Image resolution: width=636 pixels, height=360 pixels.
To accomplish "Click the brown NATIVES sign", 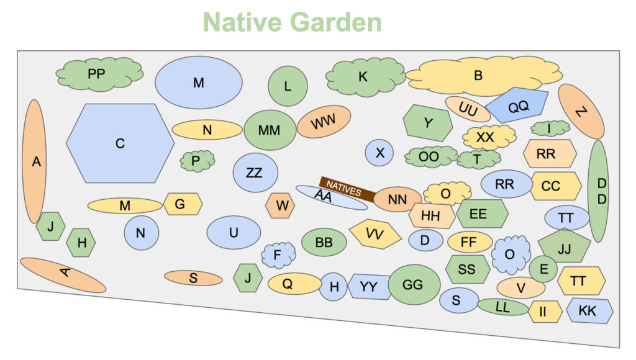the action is click(347, 189).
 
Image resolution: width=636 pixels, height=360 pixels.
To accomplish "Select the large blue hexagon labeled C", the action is click(120, 143).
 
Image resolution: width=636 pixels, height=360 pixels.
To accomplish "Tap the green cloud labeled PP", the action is click(99, 74).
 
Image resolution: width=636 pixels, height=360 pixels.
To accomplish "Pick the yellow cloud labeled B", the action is click(484, 76).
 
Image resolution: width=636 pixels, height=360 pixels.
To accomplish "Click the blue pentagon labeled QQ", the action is click(517, 105).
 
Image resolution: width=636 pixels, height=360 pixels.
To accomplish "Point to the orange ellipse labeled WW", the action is click(324, 121).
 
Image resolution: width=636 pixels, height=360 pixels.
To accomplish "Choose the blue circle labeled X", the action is click(379, 153).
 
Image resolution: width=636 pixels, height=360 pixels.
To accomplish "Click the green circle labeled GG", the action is click(414, 285).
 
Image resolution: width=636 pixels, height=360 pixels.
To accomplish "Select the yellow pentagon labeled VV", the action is click(375, 234).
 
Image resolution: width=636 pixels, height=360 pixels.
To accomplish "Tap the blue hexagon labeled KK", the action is click(589, 310).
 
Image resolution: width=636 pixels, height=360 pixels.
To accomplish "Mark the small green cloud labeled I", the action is click(550, 128).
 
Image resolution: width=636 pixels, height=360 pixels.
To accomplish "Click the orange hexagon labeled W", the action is click(280, 205).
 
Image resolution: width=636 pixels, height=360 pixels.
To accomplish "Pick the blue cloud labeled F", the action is click(278, 255).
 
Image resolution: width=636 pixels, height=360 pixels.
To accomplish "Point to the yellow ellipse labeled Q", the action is click(294, 284).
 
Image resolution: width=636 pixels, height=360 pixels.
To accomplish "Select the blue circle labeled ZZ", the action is click(255, 173).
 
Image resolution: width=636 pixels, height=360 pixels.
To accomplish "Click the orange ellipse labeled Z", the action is click(581, 112).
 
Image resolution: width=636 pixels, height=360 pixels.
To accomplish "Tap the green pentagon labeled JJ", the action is click(564, 246).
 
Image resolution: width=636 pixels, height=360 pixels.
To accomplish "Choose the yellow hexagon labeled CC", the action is click(556, 186).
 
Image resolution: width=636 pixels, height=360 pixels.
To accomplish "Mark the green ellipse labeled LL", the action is click(503, 307).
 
